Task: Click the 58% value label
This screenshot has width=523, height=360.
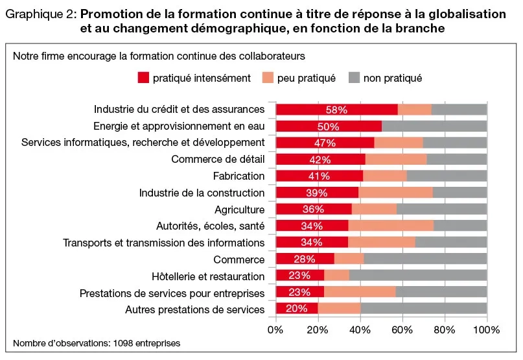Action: pos(336,110)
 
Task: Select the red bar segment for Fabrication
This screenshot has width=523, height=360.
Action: pos(320,176)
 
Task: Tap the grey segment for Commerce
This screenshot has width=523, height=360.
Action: pos(425,259)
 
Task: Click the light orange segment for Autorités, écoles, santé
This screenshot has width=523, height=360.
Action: pos(391,226)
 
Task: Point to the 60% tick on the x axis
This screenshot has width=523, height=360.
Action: pos(402,330)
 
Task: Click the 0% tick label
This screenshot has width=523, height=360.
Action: pos(277,330)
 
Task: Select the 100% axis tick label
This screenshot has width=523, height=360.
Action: pos(487,330)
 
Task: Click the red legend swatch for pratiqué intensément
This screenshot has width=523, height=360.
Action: pos(143,78)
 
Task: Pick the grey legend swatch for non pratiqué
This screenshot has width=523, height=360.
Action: pos(354,78)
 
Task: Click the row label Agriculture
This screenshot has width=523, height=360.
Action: pos(239,210)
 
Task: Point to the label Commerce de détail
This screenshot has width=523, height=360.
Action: pos(218,160)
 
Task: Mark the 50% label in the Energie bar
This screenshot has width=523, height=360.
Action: pos(329,126)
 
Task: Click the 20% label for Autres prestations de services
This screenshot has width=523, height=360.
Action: pos(296,309)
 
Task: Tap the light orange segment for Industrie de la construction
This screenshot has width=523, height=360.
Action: pos(395,193)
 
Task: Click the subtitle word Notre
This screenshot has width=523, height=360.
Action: pos(25,56)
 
